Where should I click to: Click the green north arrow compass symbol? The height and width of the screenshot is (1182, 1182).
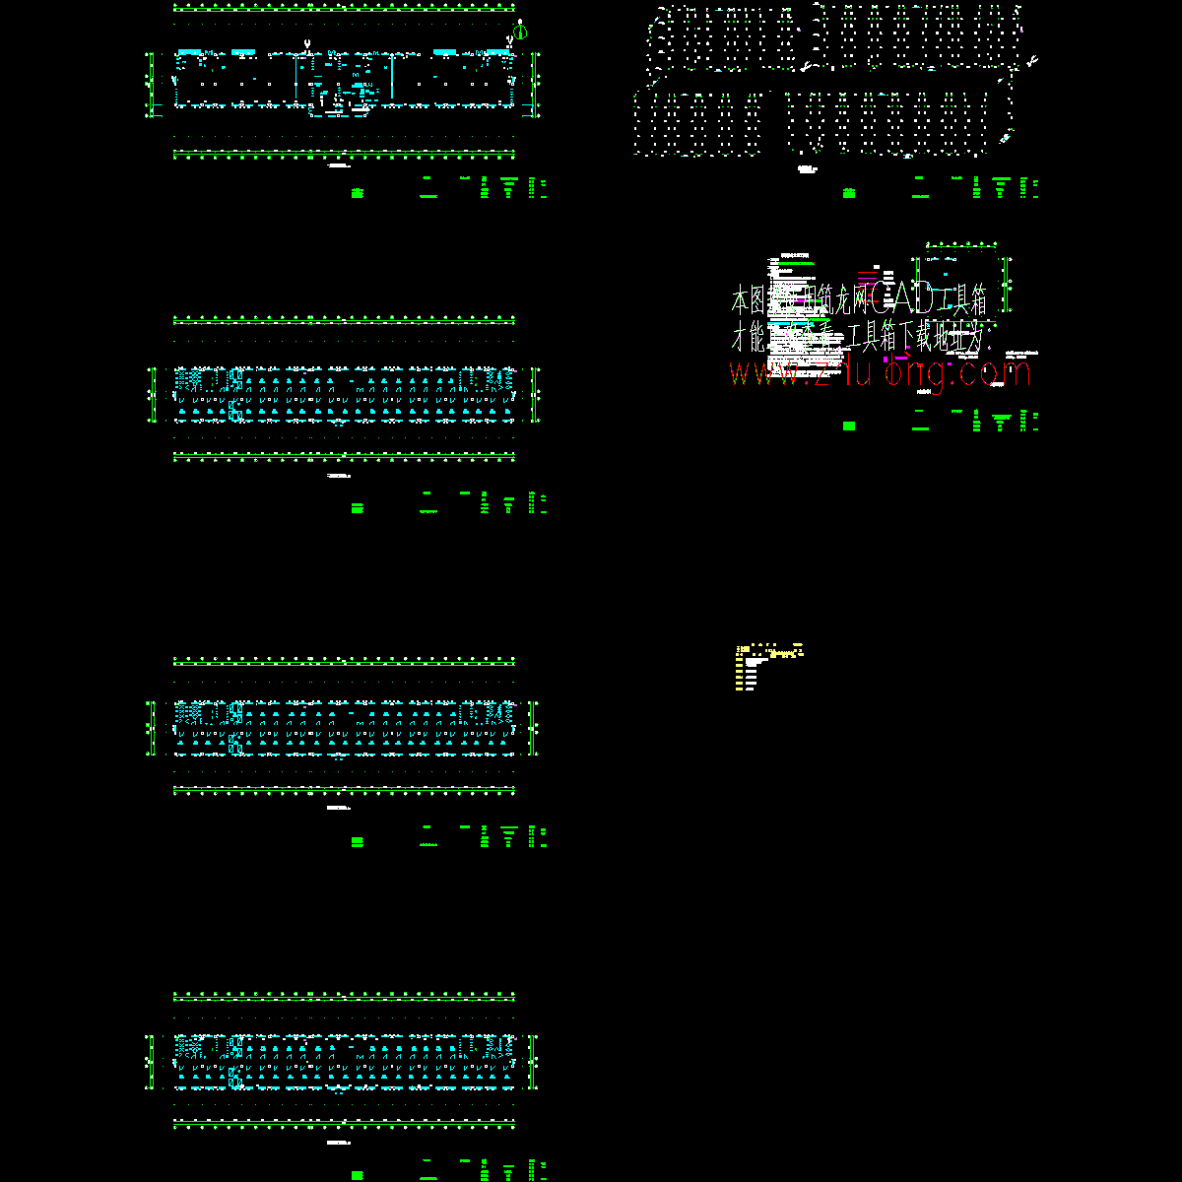coord(521,31)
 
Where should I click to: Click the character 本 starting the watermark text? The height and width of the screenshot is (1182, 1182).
coord(741,299)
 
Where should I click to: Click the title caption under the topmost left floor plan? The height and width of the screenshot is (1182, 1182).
coord(339,167)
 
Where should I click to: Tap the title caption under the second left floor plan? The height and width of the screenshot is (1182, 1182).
coord(339,476)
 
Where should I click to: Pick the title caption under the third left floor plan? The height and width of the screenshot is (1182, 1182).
coord(339,808)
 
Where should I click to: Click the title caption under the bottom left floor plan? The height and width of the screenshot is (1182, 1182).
coord(339,1142)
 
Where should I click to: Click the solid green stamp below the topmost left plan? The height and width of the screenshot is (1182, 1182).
coord(358,193)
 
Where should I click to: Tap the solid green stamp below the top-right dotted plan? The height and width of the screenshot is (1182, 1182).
coord(849,193)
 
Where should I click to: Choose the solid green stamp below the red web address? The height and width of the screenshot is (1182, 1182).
coord(849,426)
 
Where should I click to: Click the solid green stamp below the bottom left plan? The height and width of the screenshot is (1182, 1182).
coord(358,1174)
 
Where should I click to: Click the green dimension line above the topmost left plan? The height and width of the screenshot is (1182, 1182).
coord(344,8)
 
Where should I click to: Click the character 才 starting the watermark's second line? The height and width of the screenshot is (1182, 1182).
coord(739,340)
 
